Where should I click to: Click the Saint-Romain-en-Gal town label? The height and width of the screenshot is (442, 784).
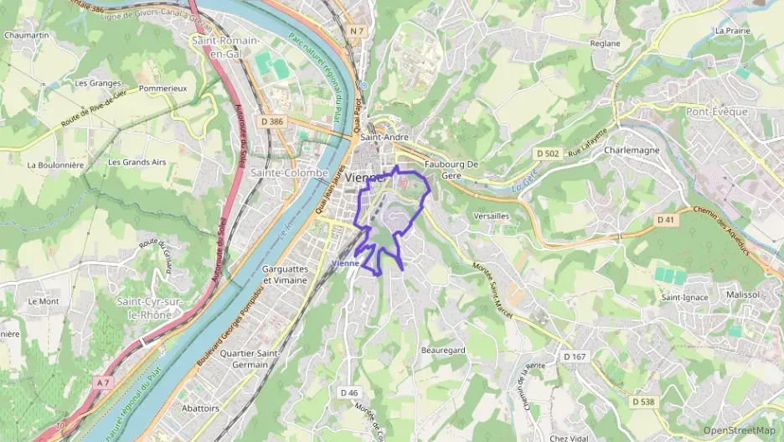[226, 47]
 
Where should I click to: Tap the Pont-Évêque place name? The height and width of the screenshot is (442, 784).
[716, 112]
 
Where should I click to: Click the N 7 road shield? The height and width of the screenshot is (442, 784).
[358, 31]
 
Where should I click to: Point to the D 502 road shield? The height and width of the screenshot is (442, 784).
[547, 153]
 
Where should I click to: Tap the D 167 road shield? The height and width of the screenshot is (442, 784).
[574, 356]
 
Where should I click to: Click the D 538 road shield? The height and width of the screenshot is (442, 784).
[642, 402]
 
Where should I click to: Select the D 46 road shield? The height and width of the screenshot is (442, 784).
[349, 393]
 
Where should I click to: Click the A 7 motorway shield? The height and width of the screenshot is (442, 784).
[103, 382]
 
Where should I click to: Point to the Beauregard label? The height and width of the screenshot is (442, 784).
[443, 350]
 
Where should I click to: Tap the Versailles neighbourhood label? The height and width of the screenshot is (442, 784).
[491, 216]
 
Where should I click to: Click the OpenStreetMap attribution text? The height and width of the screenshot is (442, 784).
[739, 431]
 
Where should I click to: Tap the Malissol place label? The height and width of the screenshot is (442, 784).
[742, 295]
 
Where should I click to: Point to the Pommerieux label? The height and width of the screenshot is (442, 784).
[162, 87]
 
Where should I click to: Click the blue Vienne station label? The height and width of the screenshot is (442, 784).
[345, 263]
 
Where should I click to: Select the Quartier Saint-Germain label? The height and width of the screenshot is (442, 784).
[249, 359]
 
